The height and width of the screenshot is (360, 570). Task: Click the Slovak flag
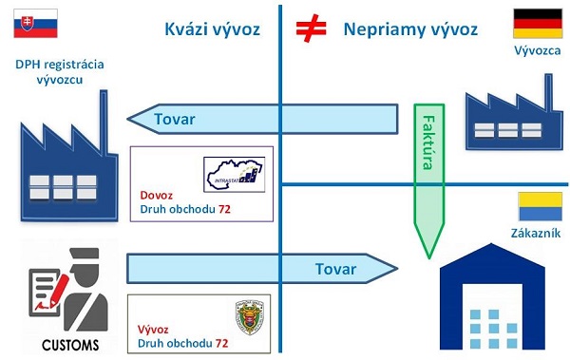(x=35, y=23)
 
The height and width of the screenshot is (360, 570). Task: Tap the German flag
(x=533, y=24)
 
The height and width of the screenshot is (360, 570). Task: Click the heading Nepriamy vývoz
(x=409, y=29)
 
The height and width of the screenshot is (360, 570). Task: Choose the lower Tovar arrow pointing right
(x=261, y=269)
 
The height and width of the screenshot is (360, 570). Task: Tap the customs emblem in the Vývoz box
(x=251, y=317)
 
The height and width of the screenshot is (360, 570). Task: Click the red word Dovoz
(x=155, y=194)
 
